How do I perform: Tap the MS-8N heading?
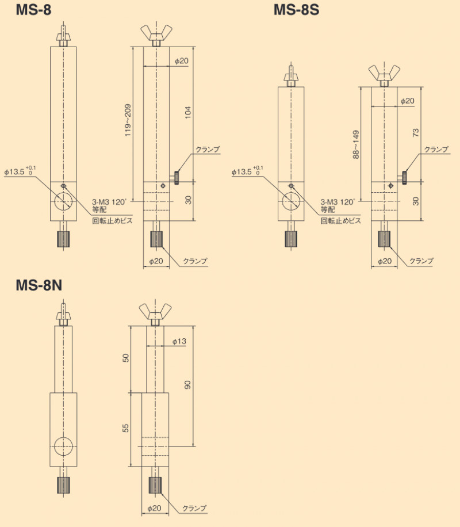(x=39, y=285)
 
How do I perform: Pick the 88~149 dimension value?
(x=356, y=144)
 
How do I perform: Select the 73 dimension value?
(x=416, y=133)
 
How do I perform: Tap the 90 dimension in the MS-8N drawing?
(x=187, y=384)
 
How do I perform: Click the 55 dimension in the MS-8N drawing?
(x=126, y=427)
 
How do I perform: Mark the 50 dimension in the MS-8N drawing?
(x=126, y=358)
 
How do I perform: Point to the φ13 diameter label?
(x=179, y=342)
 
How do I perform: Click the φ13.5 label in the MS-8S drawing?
(x=245, y=171)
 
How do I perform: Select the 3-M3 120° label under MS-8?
(x=111, y=202)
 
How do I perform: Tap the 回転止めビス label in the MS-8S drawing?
(x=340, y=220)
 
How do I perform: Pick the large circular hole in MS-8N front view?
(x=62, y=446)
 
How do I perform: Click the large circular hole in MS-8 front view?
(x=63, y=201)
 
